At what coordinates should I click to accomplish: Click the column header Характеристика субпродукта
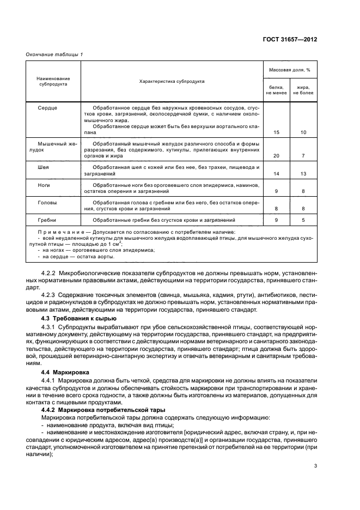click(172, 81)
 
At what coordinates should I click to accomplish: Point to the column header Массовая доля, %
click(290, 70)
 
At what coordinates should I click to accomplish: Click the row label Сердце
click(47, 108)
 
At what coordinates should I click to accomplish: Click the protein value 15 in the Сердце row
click(276, 132)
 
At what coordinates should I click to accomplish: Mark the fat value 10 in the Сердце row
click(303, 132)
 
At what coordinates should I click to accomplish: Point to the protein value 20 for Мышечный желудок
click(276, 156)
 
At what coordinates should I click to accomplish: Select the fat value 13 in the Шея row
click(303, 174)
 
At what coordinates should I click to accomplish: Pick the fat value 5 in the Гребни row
click(303, 220)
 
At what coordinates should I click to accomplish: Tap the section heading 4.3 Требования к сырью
click(75, 317)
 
